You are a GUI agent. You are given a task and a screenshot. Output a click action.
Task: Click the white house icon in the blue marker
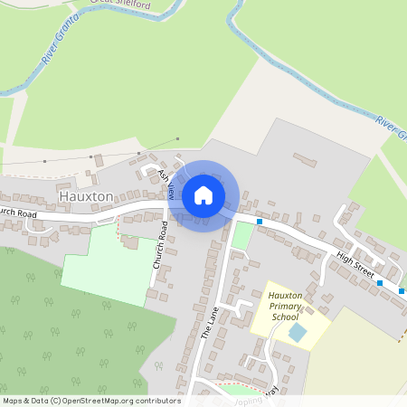click(x=203, y=195)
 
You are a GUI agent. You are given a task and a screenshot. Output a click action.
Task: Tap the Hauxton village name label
click(x=86, y=195)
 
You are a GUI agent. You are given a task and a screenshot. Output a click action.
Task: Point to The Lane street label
click(x=209, y=322)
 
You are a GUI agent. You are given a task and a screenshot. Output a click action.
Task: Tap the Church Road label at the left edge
click(x=17, y=213)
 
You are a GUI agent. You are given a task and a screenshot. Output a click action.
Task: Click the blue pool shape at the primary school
click(x=298, y=333)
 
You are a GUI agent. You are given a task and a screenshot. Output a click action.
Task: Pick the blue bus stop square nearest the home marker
click(x=260, y=221)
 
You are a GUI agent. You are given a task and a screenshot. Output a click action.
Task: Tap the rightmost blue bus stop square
click(x=402, y=291)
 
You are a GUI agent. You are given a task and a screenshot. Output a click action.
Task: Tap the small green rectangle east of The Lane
click(x=241, y=235)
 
